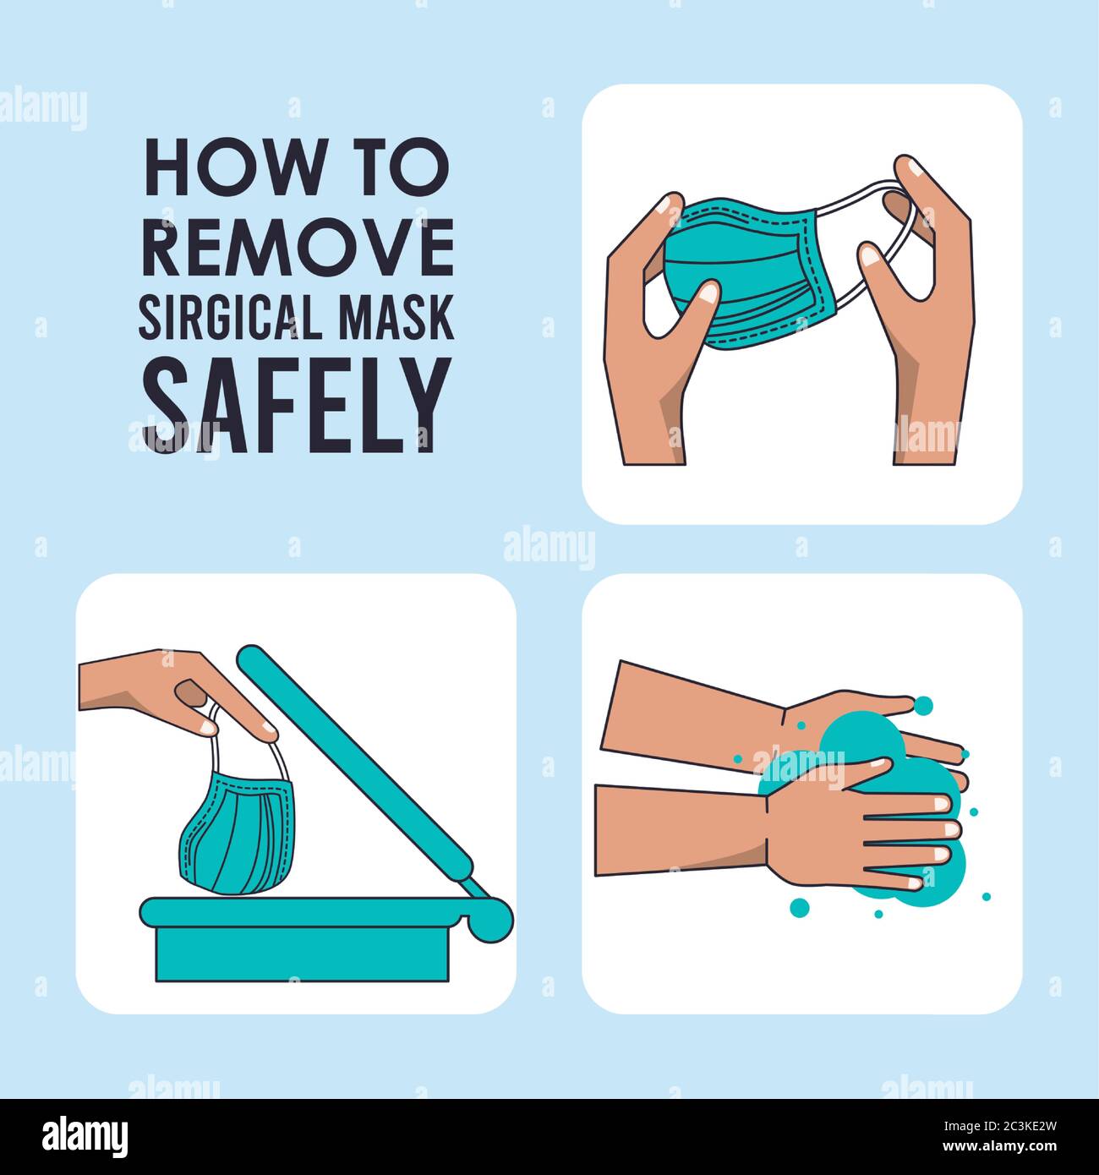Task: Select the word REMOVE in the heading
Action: click(x=298, y=247)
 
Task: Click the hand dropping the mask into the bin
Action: click(x=169, y=685)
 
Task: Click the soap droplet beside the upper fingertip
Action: click(x=924, y=704)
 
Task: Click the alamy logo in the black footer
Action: click(x=85, y=1134)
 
